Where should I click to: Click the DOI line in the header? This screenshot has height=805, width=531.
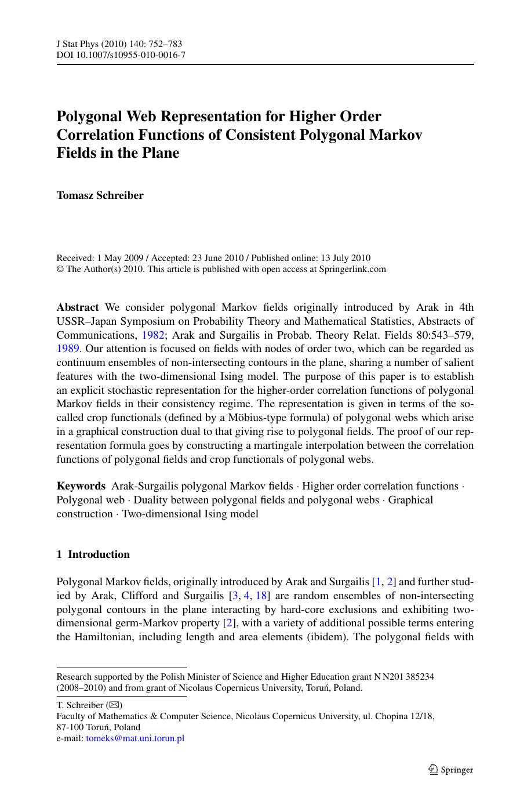pyautogui.click(x=121, y=56)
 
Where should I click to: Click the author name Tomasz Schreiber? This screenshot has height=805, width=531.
pyautogui.click(x=100, y=195)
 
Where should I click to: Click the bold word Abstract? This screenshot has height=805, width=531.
pyautogui.click(x=78, y=307)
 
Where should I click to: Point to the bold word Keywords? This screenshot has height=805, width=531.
pyautogui.click(x=81, y=486)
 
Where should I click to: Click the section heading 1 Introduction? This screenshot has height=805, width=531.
pyautogui.click(x=93, y=554)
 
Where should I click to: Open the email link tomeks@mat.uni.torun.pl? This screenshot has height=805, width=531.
pyautogui.click(x=135, y=738)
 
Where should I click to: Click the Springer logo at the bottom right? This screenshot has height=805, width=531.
pyautogui.click(x=451, y=770)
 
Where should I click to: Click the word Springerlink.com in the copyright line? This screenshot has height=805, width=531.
pyautogui.click(x=352, y=269)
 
